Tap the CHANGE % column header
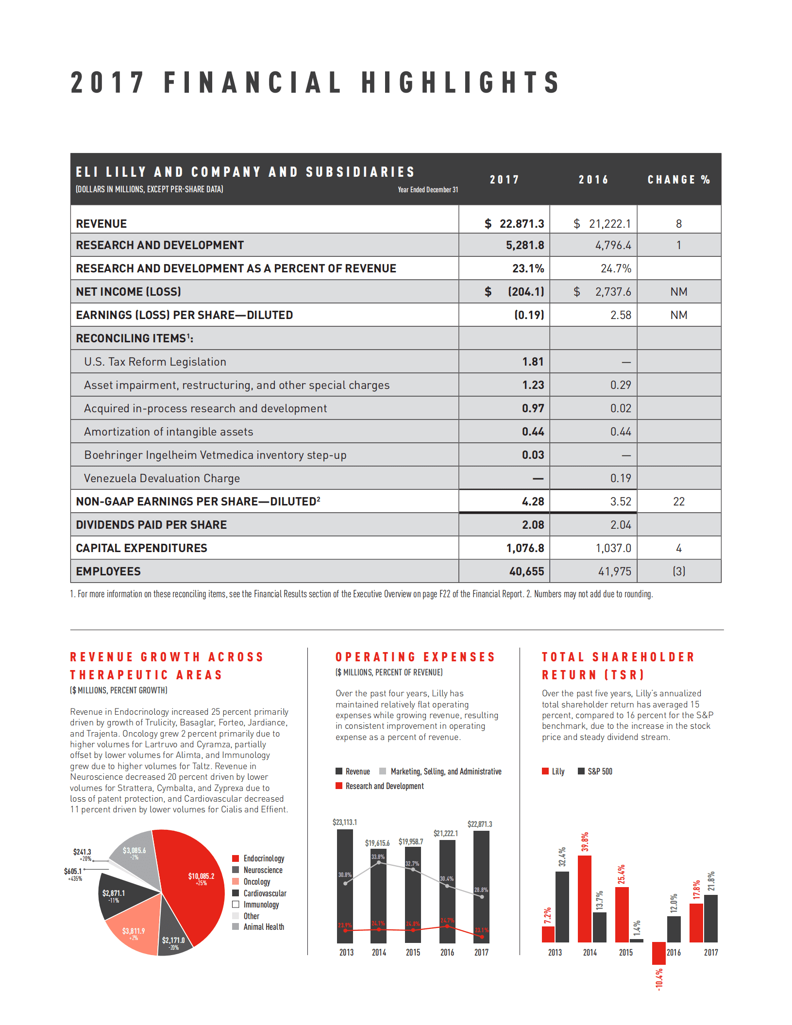point(678,180)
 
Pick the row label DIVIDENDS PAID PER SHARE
point(151,525)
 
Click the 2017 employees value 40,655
point(526,571)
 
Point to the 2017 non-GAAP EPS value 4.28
point(533,502)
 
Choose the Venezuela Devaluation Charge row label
point(162,478)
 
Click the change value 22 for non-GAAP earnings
point(678,502)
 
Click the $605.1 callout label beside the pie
point(73,872)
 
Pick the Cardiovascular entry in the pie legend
point(264,893)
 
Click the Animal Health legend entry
point(263,927)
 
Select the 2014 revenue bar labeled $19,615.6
point(379,898)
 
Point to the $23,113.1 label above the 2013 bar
point(345,822)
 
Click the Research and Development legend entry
point(384,786)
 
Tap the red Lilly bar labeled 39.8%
point(585,898)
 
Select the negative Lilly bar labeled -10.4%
point(658,953)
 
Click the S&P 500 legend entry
point(599,772)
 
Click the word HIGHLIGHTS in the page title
point(461,83)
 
